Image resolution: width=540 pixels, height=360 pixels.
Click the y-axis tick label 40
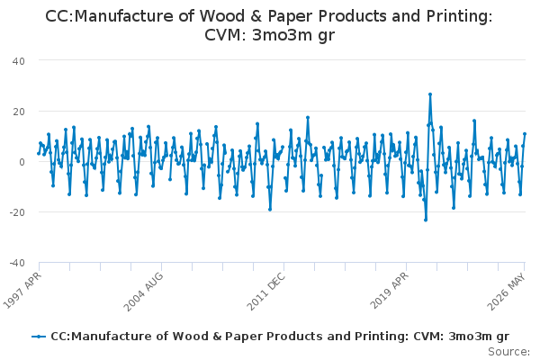tap(19, 61)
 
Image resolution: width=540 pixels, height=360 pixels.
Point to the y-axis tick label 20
tap(19, 112)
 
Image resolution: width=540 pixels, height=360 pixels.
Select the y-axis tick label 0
tap(22, 162)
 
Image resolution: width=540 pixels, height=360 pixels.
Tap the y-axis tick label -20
tap(17, 212)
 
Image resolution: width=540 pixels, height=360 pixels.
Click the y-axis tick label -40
tap(17, 263)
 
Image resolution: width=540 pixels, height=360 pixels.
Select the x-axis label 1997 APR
tap(22, 290)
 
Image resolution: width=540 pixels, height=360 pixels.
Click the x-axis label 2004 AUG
tap(143, 292)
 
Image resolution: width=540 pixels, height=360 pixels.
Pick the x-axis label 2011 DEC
tap(265, 291)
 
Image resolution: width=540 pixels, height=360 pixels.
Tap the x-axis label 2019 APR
tap(389, 291)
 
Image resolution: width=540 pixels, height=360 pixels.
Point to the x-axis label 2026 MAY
tap(506, 291)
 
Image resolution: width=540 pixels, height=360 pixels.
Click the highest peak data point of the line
tap(430, 94)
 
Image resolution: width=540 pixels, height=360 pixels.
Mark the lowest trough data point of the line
tap(426, 220)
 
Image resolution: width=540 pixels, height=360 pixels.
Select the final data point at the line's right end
tap(525, 134)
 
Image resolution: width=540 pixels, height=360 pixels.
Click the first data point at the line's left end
tap(39, 153)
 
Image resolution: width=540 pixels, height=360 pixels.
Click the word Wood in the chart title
tap(219, 16)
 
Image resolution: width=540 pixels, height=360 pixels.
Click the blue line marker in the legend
tap(39, 337)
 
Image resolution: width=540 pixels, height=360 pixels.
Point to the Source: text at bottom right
tap(509, 352)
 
